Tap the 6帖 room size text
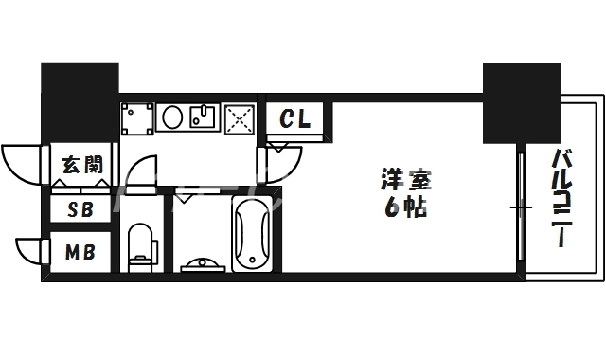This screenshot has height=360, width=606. (x=401, y=207)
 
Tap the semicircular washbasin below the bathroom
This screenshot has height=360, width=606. (x=201, y=262)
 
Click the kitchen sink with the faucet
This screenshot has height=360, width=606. (x=204, y=118)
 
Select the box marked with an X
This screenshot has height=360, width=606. (x=240, y=118)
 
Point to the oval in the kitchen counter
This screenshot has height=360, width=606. (x=171, y=118)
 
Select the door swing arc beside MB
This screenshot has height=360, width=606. (x=31, y=251)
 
